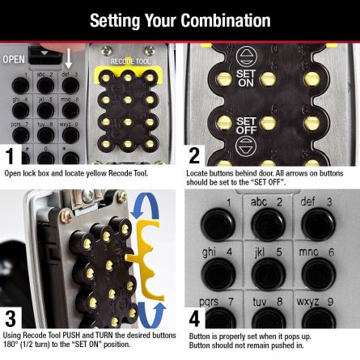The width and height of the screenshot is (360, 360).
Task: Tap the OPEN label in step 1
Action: coord(14,59)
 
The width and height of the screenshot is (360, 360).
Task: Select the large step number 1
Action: coord(10,156)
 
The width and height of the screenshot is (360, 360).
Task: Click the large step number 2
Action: coord(193,156)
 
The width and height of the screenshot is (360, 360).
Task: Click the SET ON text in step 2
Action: coord(246,77)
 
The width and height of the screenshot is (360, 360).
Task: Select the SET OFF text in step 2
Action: coord(246,126)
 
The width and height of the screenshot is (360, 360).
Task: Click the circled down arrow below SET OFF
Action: coord(246,146)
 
